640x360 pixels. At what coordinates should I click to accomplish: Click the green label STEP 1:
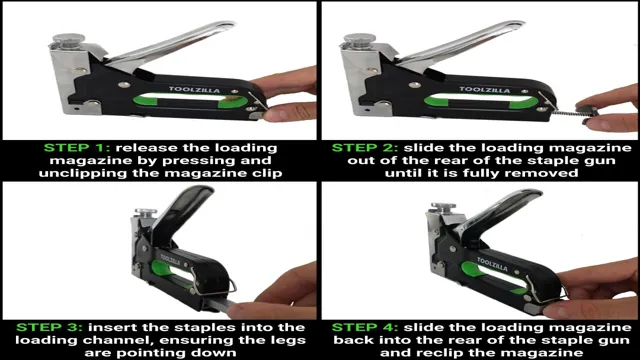coord(76,148)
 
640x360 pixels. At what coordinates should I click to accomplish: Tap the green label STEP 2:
coord(364,148)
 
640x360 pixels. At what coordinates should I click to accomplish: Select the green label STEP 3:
coord(49,327)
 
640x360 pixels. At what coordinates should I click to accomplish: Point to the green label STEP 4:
coord(364,327)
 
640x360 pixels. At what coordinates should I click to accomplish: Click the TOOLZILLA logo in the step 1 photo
coord(195,89)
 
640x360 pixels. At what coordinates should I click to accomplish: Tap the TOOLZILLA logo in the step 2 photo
coord(485,89)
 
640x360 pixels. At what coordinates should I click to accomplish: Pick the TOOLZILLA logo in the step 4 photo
coord(493,265)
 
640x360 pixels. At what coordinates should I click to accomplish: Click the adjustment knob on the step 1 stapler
coord(69,40)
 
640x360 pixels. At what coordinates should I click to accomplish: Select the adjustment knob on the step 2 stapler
coord(360,40)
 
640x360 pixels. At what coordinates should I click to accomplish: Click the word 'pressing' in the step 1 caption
coord(200,161)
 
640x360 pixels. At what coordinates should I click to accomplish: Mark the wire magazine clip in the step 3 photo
coord(212,282)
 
